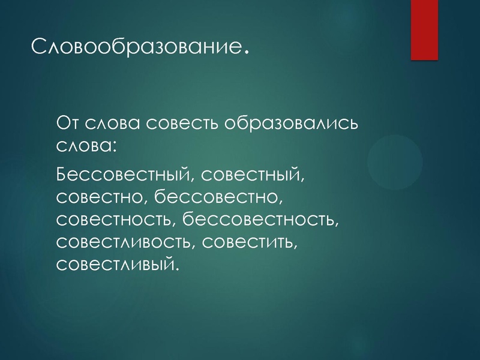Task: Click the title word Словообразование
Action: (136, 46)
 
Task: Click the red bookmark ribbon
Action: (425, 30)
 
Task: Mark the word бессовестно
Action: (215, 197)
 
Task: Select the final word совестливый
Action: (115, 263)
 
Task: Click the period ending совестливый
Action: (177, 268)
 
